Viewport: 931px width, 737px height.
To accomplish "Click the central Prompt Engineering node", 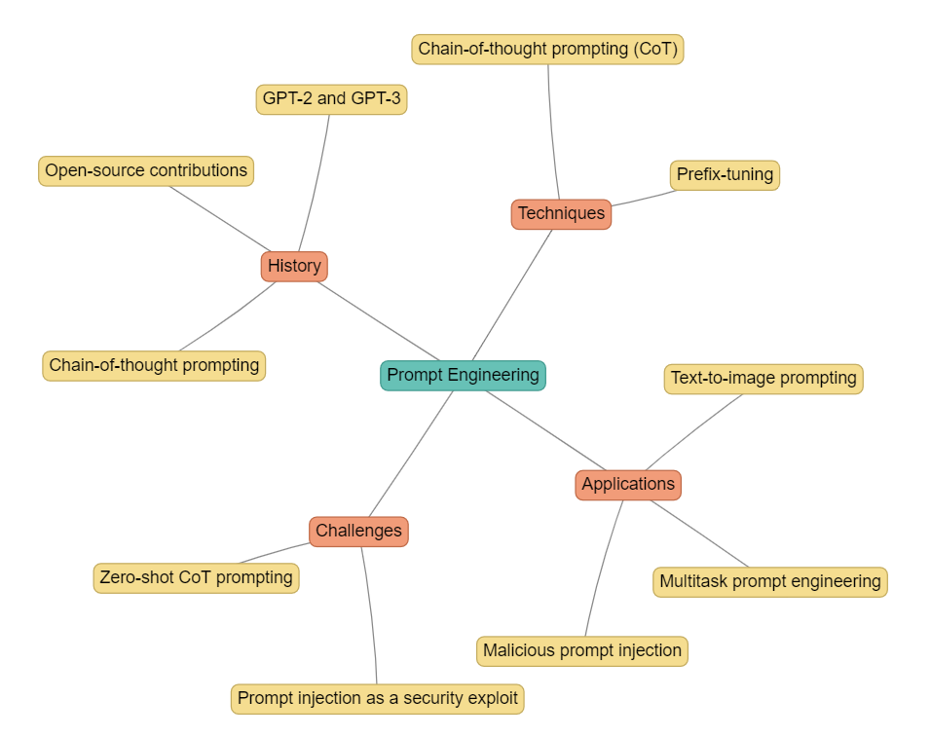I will point(463,375).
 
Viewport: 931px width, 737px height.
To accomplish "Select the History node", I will point(294,266).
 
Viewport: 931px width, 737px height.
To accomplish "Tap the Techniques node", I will point(561,213).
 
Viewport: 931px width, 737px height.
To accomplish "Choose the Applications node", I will point(628,484).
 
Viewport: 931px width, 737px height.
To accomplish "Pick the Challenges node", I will point(358,531).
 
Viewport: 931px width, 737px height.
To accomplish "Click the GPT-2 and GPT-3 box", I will point(331,98).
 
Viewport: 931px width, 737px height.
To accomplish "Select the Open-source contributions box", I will point(146,170).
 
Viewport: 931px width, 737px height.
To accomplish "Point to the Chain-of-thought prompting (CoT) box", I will point(547,48).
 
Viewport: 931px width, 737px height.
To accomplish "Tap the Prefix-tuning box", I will point(725,174).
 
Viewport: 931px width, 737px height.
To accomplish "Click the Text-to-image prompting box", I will point(763,378).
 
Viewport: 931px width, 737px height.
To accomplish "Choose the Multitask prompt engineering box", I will point(769,581).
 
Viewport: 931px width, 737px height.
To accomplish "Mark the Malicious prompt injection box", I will point(582,650).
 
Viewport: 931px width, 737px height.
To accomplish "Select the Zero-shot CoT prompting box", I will point(196,577).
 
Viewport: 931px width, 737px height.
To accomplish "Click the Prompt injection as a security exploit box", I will point(378,698).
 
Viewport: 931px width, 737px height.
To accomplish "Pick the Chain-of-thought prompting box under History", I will point(154,365).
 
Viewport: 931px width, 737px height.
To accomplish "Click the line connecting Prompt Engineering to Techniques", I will point(512,295).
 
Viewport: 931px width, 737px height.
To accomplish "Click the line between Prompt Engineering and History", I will point(378,320).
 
